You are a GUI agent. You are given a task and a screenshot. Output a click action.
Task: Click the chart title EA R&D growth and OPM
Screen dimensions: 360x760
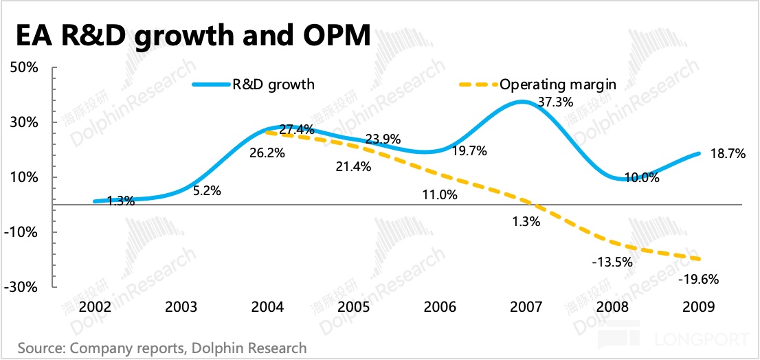click(193, 36)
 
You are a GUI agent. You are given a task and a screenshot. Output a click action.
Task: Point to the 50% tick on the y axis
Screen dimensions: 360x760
click(24, 68)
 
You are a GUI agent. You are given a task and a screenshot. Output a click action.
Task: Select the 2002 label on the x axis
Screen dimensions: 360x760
click(98, 306)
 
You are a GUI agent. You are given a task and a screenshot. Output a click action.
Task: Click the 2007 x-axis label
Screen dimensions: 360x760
click(526, 306)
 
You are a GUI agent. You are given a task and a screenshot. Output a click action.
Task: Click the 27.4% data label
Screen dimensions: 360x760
click(297, 129)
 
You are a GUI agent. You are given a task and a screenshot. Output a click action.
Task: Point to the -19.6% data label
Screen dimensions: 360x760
click(697, 280)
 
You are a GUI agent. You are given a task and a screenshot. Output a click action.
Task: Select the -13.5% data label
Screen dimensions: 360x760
click(612, 262)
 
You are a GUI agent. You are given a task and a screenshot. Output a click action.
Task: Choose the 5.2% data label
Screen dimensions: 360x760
click(206, 192)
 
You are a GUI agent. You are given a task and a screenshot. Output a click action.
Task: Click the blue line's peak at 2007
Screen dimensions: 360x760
click(524, 102)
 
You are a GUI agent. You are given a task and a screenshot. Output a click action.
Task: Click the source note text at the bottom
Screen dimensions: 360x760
click(162, 348)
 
